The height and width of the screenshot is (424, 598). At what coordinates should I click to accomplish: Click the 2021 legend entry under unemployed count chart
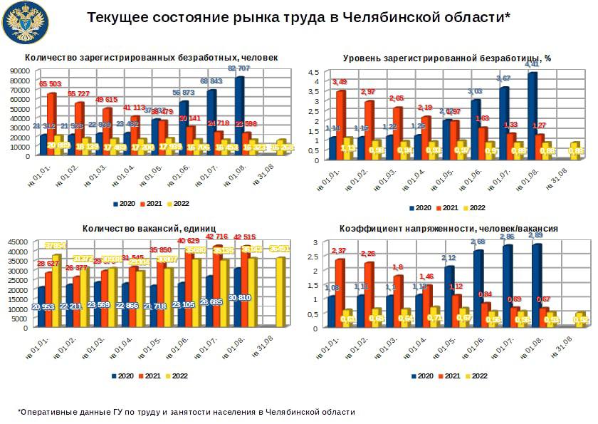(152, 204)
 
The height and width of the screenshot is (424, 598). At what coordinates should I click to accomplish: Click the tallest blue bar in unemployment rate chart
(532, 114)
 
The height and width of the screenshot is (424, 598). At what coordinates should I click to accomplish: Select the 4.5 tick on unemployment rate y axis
(313, 72)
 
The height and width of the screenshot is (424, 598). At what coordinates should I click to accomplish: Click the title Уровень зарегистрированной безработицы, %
(447, 58)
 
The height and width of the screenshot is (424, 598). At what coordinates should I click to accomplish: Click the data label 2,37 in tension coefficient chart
(339, 251)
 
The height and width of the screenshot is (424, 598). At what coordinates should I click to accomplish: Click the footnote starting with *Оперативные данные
(186, 412)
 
